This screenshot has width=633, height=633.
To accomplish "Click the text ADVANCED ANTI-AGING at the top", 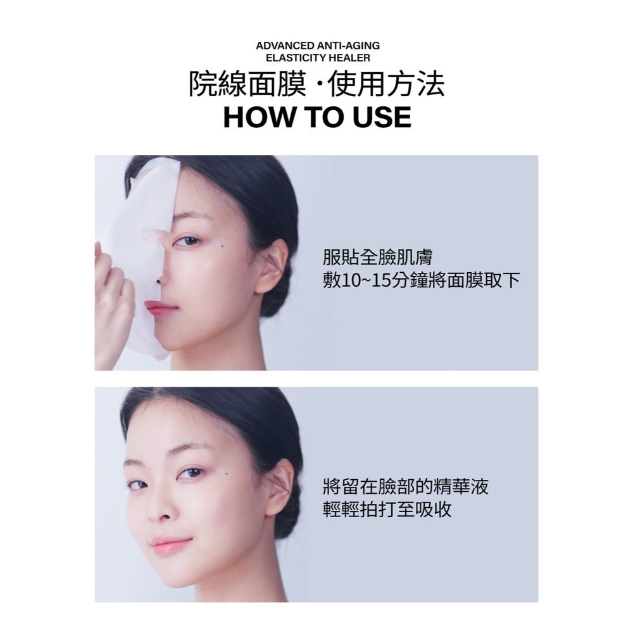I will (x=318, y=46).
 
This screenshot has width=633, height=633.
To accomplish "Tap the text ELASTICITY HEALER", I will (x=318, y=58).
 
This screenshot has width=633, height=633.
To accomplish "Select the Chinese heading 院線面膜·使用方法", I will (x=317, y=85).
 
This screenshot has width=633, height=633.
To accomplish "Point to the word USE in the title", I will (x=377, y=118).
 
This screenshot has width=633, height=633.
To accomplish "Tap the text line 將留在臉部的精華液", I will (x=405, y=487).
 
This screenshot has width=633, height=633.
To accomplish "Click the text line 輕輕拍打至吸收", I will (x=387, y=510).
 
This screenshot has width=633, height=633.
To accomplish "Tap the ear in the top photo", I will (x=270, y=266).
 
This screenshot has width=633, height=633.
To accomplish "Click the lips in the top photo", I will (x=161, y=308).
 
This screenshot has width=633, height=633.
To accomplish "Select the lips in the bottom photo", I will (x=170, y=545).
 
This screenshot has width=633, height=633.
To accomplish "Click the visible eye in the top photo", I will (x=187, y=241).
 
